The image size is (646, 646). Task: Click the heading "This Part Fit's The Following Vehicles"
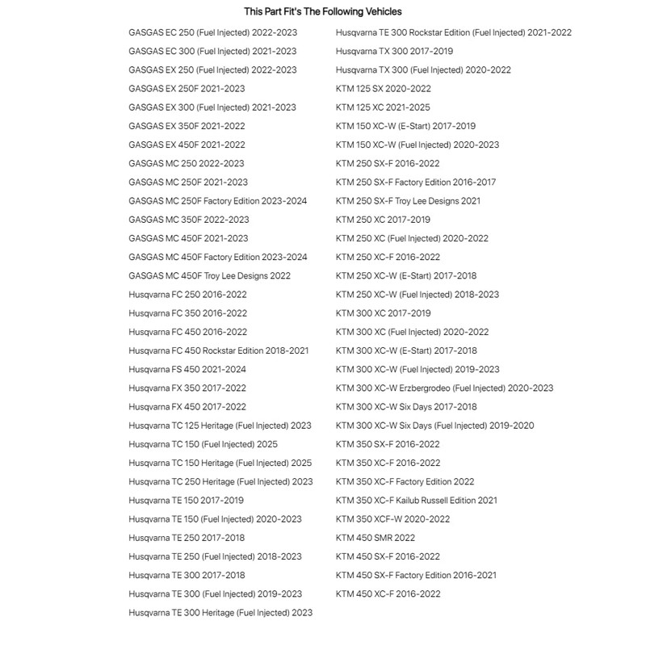tap(323, 11)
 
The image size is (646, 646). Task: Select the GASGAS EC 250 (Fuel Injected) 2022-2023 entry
tap(212, 32)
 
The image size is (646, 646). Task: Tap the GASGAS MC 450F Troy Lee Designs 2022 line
tap(209, 275)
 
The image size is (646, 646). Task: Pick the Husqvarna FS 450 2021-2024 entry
tap(187, 369)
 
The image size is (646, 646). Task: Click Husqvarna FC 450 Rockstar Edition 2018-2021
tap(218, 350)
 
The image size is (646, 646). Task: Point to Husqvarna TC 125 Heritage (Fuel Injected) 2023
tap(220, 426)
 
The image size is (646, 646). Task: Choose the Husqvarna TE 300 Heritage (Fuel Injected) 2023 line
tap(220, 613)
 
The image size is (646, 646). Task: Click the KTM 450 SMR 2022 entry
tap(375, 538)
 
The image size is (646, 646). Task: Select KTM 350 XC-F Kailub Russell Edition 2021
tap(417, 501)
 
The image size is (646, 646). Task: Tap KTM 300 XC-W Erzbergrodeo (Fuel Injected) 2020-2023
tap(444, 388)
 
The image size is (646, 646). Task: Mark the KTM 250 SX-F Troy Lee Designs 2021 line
tap(408, 200)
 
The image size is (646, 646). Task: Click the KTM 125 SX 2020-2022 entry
tap(383, 89)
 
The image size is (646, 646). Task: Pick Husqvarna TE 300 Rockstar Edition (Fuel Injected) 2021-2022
tap(453, 32)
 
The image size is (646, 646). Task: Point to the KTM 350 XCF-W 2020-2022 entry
tap(392, 519)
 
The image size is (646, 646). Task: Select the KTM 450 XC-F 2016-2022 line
tap(388, 594)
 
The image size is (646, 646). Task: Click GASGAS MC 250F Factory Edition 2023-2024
tap(217, 200)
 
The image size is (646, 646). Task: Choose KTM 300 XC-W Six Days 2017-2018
tap(406, 407)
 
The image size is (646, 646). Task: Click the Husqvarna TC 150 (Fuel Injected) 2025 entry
tap(203, 444)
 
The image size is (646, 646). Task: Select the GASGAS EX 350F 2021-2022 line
tap(187, 126)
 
